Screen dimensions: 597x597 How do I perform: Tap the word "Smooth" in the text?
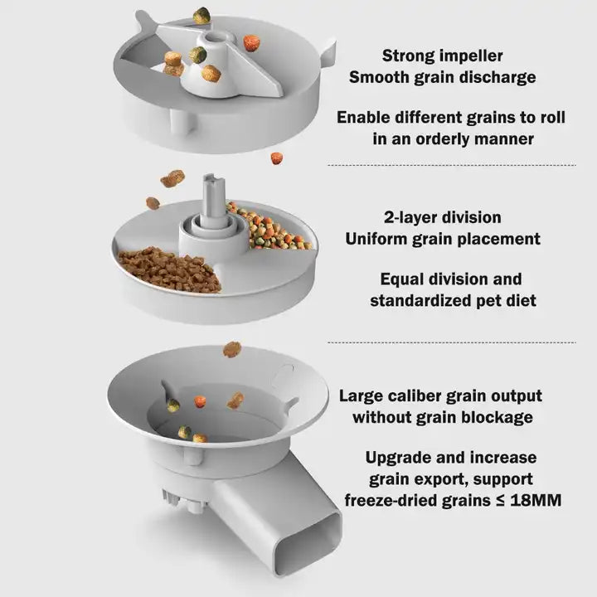(380, 78)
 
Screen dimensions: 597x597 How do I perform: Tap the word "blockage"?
(495, 417)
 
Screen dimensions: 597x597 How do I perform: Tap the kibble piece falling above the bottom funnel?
(232, 349)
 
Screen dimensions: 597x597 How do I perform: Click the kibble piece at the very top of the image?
(201, 14)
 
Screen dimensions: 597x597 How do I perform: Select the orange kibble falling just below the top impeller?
(275, 158)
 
